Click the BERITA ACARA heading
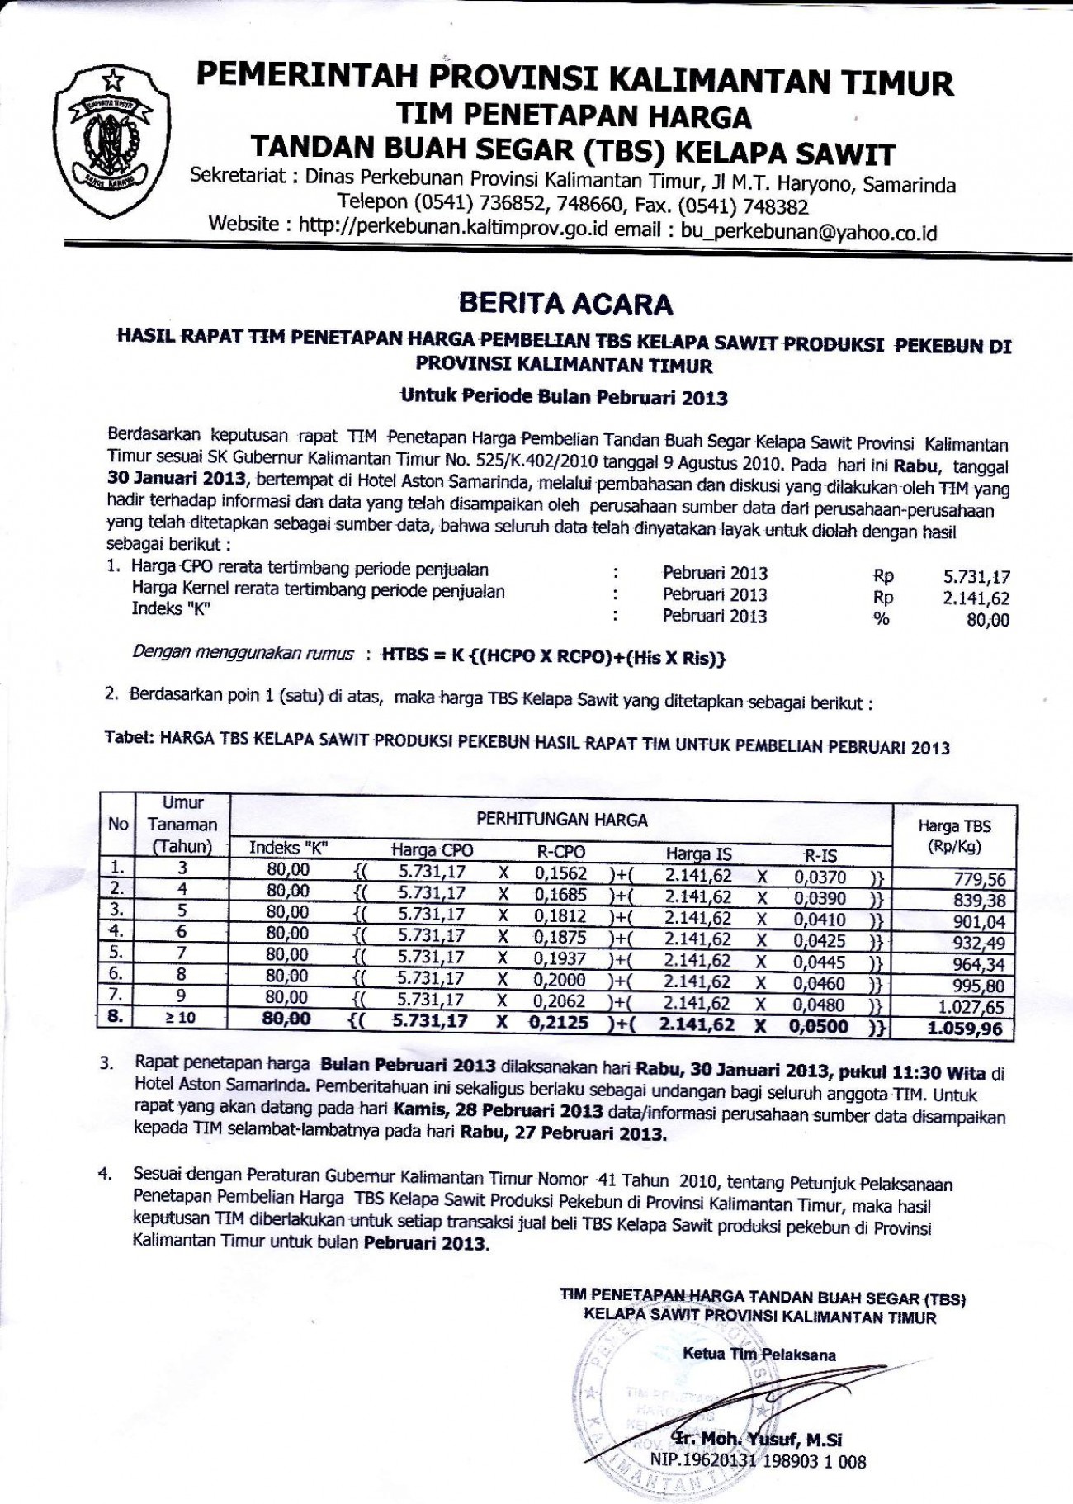566,305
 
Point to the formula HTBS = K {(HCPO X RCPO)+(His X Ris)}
554,657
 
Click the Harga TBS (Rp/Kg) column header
954,835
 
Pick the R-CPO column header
560,852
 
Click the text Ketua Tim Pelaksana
759,1354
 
